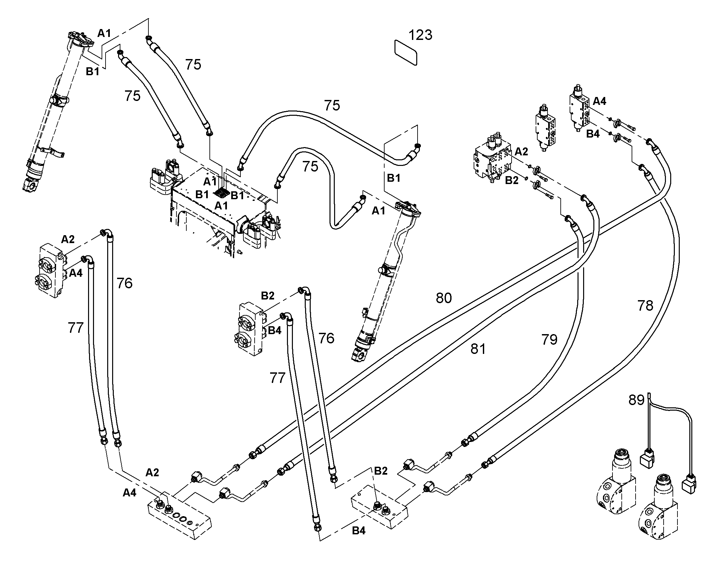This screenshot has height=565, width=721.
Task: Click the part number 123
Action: (x=420, y=35)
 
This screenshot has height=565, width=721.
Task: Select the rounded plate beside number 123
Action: (x=406, y=52)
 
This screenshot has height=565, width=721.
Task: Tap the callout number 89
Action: (x=636, y=400)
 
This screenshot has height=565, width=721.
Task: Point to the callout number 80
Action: (x=444, y=298)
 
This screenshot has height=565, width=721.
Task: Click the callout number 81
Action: (x=478, y=349)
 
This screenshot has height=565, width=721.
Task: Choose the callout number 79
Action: (x=549, y=339)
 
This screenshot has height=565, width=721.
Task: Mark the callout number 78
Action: (x=645, y=306)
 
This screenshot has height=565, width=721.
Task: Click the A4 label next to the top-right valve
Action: (x=599, y=101)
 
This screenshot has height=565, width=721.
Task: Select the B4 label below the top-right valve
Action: (x=593, y=134)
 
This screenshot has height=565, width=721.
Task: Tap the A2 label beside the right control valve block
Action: (x=521, y=151)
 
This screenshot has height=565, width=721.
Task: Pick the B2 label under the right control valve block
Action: (x=512, y=181)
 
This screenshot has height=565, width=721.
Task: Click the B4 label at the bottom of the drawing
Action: (x=359, y=531)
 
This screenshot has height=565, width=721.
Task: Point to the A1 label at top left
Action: (x=104, y=33)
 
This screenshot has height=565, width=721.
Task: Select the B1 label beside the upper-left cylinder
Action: (x=92, y=72)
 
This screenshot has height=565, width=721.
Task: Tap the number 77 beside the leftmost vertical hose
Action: (x=76, y=328)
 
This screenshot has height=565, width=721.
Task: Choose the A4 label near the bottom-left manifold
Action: (x=129, y=493)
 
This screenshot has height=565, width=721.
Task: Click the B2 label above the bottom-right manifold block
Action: (x=381, y=471)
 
